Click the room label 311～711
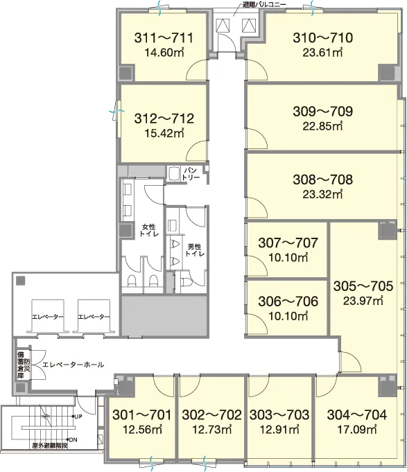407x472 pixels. [x=164, y=38]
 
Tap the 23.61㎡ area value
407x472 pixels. [x=322, y=53]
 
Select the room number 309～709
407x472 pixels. [x=322, y=112]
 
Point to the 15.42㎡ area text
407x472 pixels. [x=164, y=133]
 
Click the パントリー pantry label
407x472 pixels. [x=190, y=174]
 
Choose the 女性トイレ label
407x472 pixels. [x=148, y=229]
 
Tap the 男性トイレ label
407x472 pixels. [x=194, y=250]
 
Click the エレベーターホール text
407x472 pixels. [x=73, y=365]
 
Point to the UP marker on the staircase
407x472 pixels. [x=78, y=417]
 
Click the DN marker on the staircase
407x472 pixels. [x=73, y=440]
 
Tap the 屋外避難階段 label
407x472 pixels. [x=50, y=446]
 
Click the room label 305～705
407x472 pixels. [x=363, y=286]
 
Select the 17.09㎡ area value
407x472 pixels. [x=356, y=429]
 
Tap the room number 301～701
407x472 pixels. [x=141, y=415]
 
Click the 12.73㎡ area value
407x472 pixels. [x=211, y=429]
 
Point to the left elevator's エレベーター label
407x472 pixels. [x=48, y=317]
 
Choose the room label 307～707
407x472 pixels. [x=288, y=243]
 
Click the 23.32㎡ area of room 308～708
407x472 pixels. [x=322, y=195]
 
